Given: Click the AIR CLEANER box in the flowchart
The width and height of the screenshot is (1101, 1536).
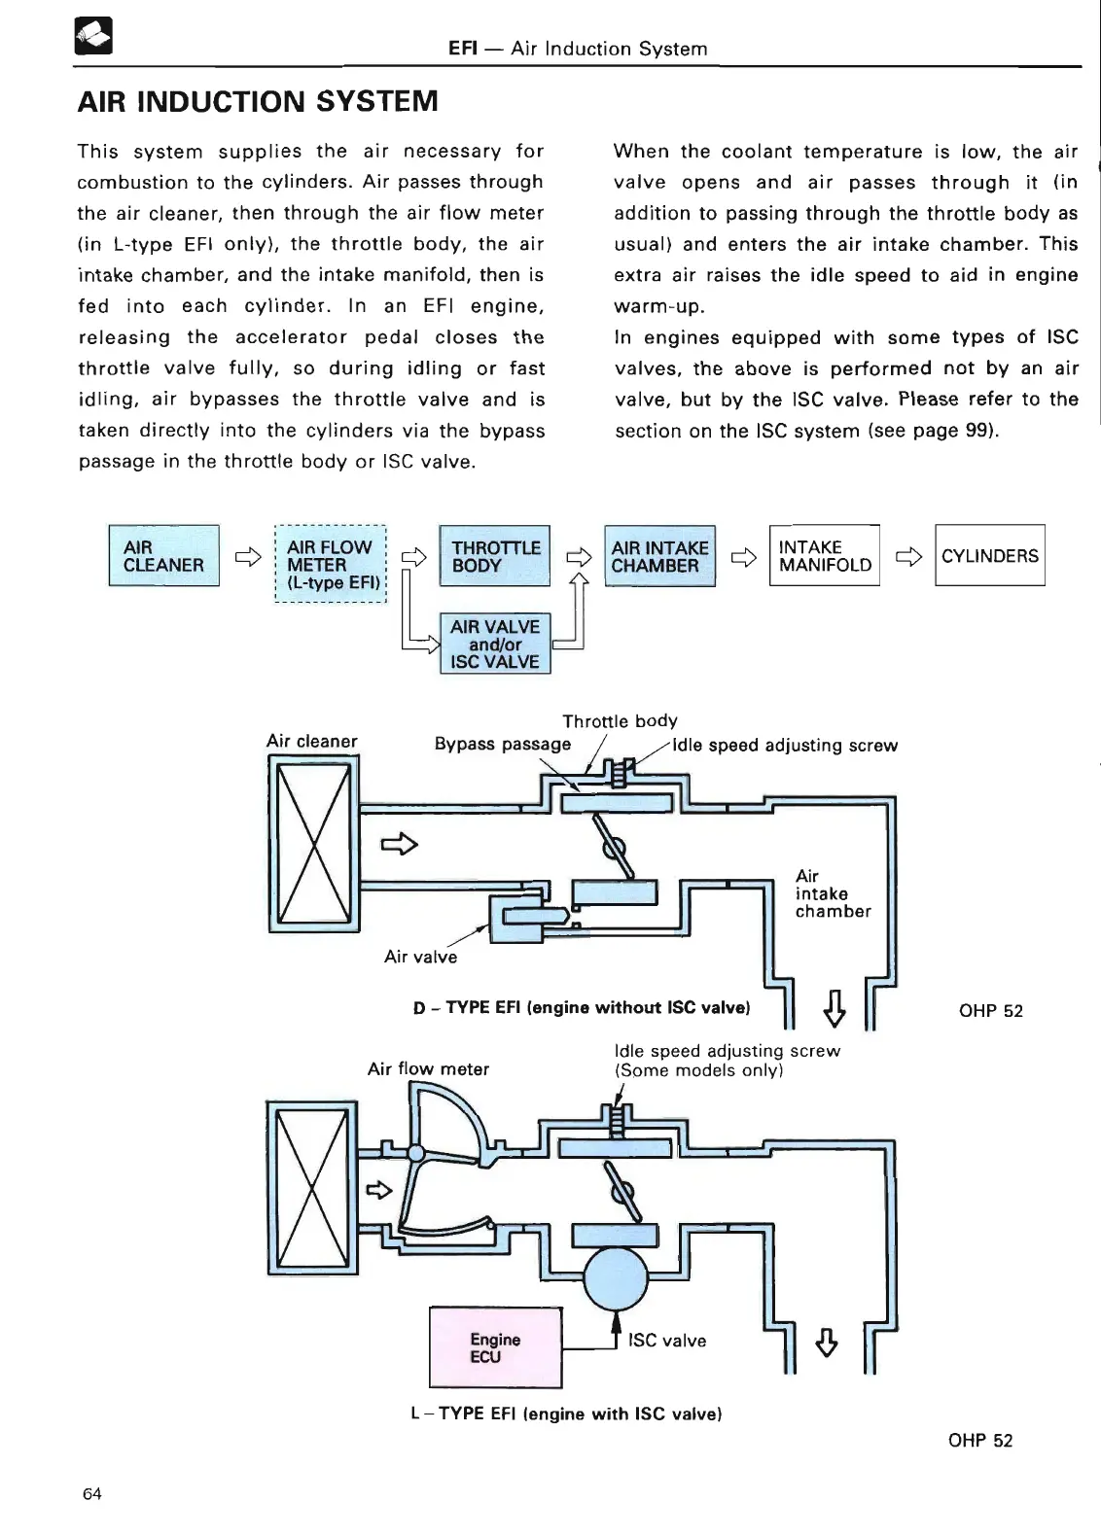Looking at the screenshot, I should tap(163, 555).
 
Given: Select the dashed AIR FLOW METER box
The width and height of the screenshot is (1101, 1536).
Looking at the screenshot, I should tap(331, 564).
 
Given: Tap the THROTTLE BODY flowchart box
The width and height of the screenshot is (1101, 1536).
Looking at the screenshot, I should tap(495, 555).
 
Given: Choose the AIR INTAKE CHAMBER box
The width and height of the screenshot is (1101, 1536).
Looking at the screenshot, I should tap(659, 555).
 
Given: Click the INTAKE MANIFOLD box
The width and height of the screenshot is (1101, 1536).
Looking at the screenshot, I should tap(824, 555).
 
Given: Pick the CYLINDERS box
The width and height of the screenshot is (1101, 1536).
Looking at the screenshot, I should tap(989, 555).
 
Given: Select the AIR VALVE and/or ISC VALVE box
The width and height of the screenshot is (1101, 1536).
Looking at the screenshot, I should tap(495, 644).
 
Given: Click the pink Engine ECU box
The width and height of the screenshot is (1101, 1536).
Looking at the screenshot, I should tap(495, 1347).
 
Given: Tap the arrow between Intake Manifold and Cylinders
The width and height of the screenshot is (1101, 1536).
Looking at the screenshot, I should tap(907, 557).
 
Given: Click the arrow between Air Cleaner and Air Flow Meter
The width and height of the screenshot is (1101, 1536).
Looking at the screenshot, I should tap(248, 557).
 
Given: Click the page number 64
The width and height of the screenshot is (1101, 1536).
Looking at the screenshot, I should tap(92, 1494).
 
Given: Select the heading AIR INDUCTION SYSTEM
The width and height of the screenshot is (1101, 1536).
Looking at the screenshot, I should tap(258, 101).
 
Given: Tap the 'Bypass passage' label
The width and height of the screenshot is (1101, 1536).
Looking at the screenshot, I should tap(502, 745).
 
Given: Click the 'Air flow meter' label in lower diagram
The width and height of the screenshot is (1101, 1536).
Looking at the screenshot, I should tap(428, 1069).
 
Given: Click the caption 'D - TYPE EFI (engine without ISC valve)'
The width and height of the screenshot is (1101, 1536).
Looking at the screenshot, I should tap(582, 1007).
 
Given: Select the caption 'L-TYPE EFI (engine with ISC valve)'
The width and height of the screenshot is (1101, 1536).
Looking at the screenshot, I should tap(566, 1414).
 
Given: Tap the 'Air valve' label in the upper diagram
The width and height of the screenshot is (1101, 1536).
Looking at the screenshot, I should tap(420, 957).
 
